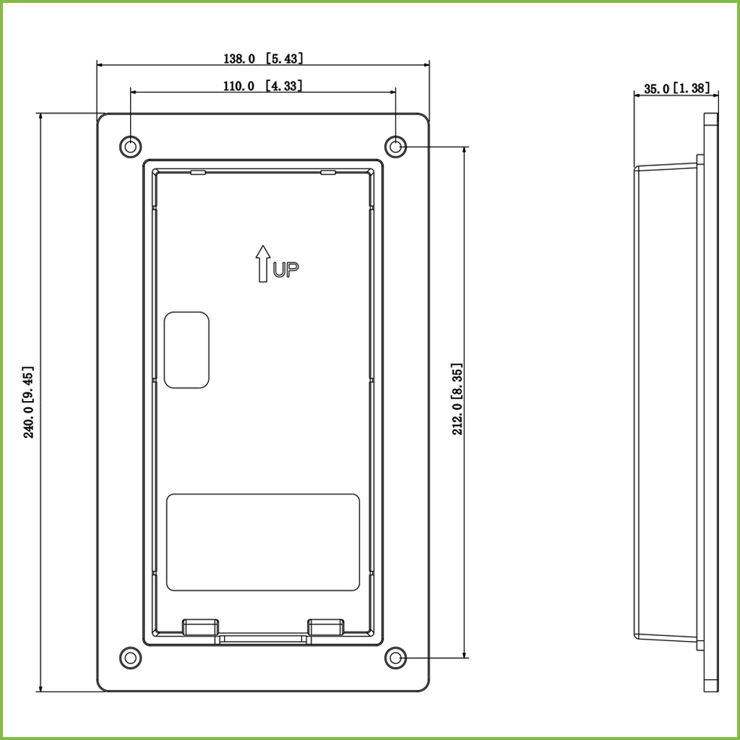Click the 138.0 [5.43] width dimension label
tap(263, 58)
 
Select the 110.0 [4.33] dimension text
tap(262, 85)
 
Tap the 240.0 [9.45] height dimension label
tap(29, 402)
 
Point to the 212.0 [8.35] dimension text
tap(457, 399)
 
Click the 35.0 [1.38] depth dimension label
tap(676, 88)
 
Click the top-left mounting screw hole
tap(131, 147)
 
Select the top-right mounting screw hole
tap(395, 147)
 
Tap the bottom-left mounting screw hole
tap(131, 658)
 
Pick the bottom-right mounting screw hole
tap(395, 658)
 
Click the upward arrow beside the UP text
tap(263, 264)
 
